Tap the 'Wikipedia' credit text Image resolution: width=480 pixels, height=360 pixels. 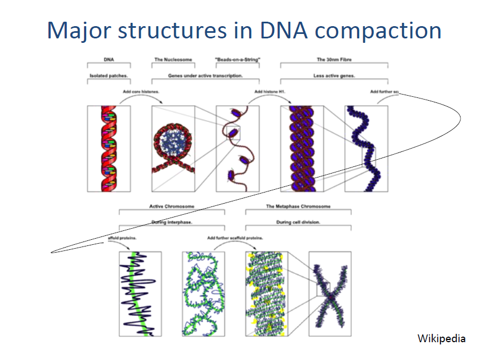442,338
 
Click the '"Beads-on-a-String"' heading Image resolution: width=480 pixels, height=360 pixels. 237,59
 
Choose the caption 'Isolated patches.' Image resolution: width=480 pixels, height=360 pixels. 108,75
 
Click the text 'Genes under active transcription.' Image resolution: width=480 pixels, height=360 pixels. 205,75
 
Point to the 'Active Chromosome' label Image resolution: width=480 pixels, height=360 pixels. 172,206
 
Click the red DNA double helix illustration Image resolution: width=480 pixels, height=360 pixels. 108,149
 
